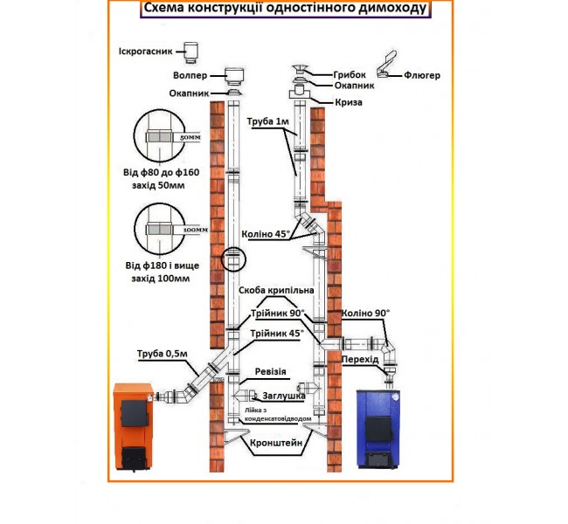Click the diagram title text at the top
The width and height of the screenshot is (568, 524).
(x=285, y=10)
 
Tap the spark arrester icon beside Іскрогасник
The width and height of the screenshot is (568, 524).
(x=190, y=52)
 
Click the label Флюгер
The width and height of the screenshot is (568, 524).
(x=422, y=76)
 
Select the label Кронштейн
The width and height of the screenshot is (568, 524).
(x=277, y=443)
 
